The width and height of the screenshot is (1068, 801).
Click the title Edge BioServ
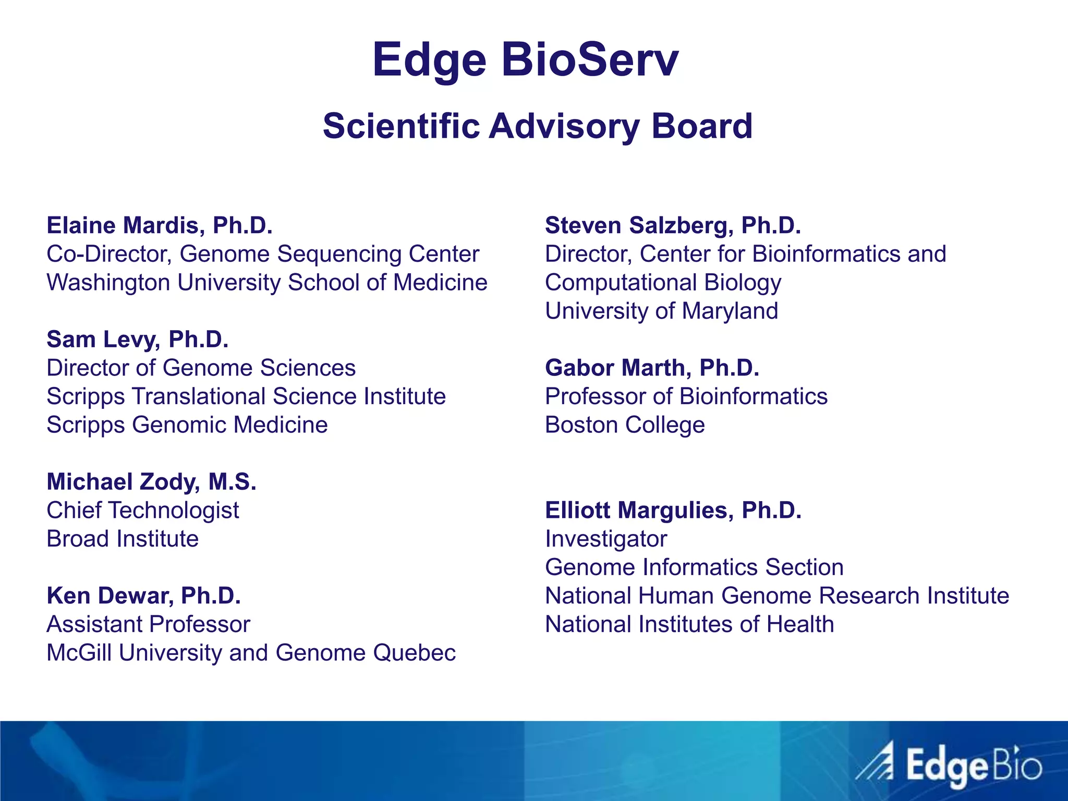point(525,60)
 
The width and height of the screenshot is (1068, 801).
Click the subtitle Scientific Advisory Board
point(538,126)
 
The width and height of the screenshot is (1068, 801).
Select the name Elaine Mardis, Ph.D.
point(160,225)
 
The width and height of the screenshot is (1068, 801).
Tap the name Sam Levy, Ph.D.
point(138,339)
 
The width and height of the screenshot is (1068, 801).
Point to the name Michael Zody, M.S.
point(151,482)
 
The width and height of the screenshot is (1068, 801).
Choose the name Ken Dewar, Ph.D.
point(143,596)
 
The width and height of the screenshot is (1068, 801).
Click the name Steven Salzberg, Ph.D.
point(673,225)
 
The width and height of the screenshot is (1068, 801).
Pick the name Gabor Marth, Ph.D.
point(652,368)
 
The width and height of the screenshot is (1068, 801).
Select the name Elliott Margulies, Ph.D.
point(673,510)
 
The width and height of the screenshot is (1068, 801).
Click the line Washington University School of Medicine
point(267,283)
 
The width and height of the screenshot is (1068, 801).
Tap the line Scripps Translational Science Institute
point(246,396)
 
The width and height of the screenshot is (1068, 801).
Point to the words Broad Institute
point(123,539)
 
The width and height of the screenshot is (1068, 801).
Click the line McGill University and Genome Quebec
point(251,653)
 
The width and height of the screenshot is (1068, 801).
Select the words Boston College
point(625,425)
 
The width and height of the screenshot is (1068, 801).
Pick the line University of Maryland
point(661,311)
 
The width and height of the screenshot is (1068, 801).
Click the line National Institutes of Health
point(689,624)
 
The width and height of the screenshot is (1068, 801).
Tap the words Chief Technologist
point(143,511)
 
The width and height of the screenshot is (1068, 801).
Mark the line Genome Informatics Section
point(694,567)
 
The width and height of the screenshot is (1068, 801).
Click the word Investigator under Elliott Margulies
point(606,539)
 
